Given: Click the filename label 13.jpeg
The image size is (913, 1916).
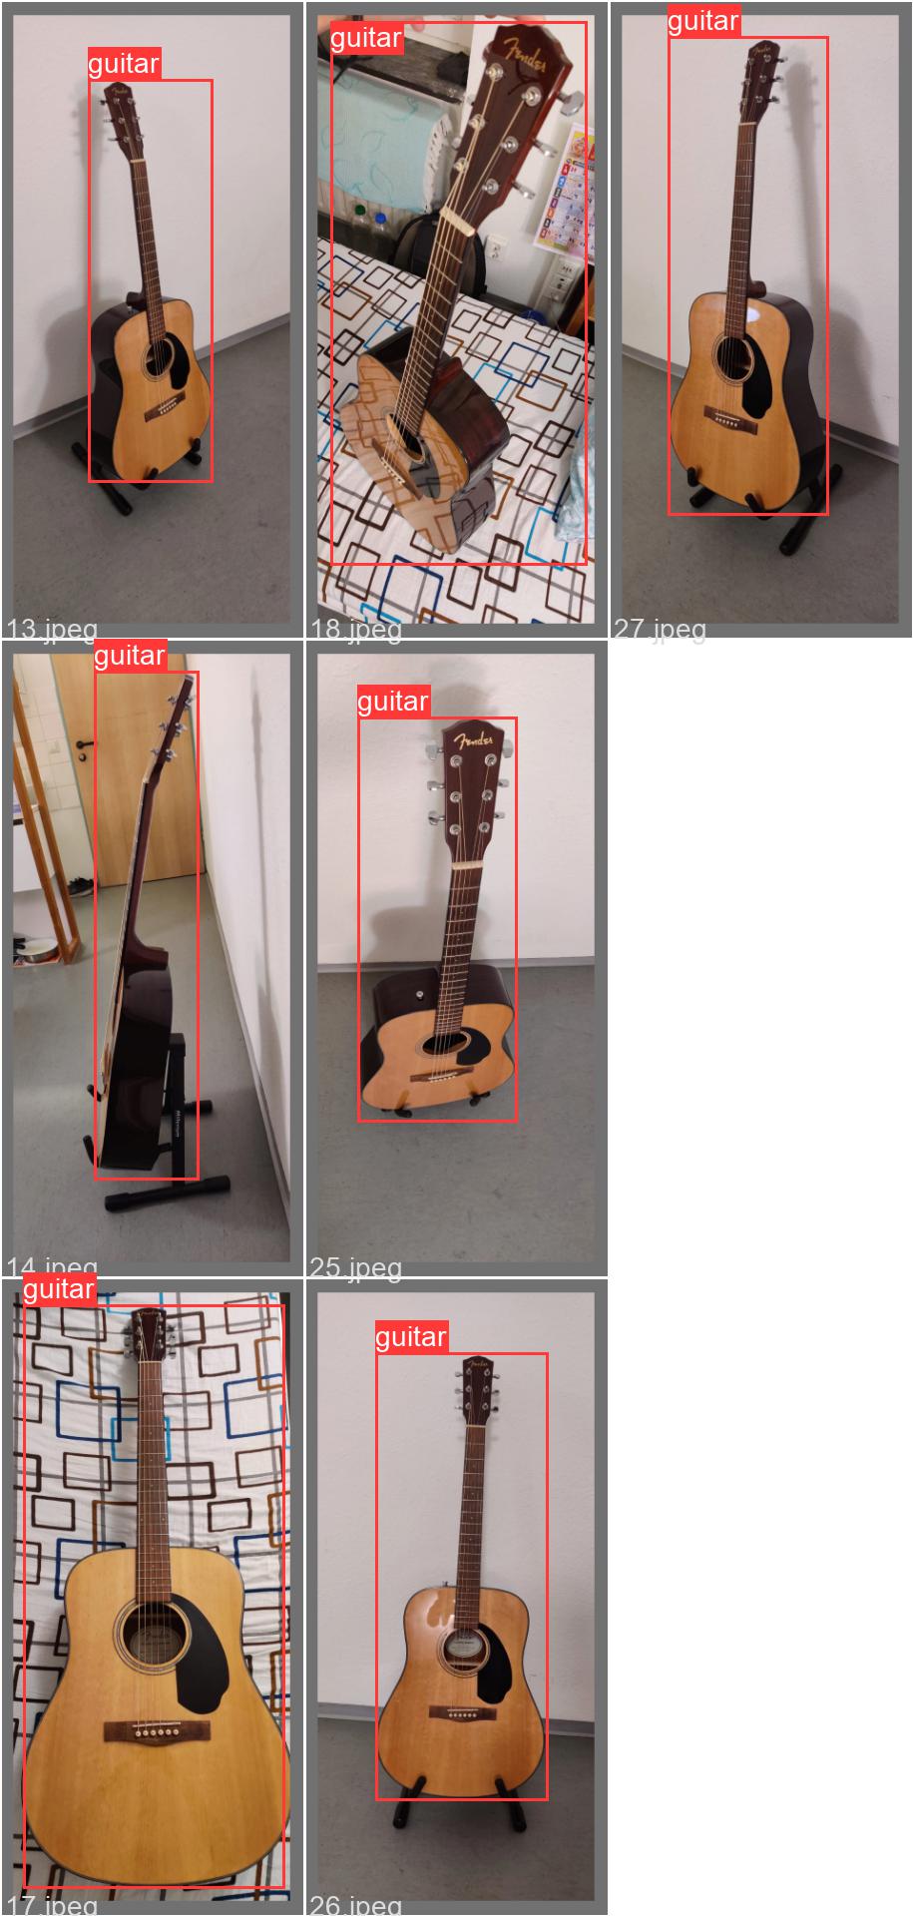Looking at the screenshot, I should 52,629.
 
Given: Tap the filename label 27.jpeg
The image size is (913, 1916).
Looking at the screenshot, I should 660,629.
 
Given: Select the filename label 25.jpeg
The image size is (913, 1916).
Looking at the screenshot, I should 355,1267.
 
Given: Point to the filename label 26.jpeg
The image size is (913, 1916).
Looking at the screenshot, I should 355,1904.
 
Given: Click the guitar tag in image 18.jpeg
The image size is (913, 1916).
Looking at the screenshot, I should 366,39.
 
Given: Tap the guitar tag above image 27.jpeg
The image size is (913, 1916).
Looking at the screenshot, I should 703,21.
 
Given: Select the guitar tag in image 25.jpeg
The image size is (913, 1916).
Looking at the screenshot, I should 393,702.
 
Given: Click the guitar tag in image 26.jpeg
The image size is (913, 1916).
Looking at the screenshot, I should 411,1337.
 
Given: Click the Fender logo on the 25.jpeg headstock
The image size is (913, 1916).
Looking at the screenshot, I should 473,740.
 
